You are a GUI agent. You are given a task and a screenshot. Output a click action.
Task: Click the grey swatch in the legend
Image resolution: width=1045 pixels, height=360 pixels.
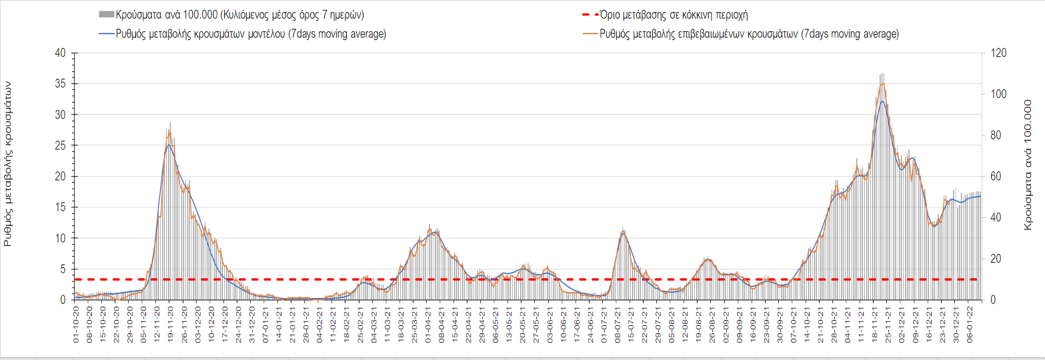tap(106, 15)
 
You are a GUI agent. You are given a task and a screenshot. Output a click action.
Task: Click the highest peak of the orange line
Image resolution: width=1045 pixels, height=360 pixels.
tap(882, 83)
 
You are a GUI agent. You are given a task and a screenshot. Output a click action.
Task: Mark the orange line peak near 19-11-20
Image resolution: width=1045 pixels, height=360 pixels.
tap(169, 131)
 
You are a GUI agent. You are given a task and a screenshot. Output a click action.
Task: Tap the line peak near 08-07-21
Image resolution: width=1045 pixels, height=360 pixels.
tap(623, 231)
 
